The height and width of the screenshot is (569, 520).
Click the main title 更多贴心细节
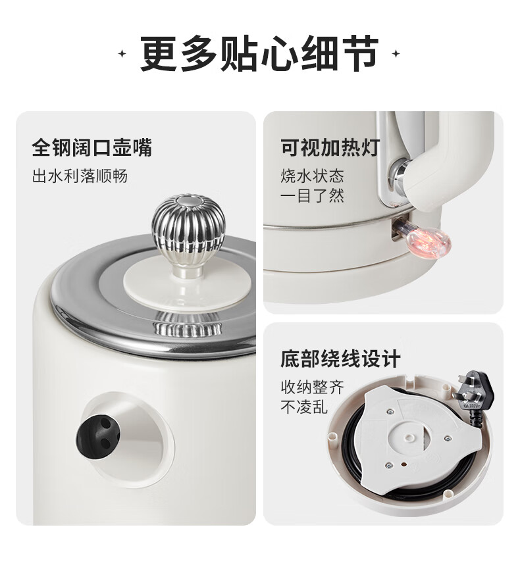[x=259, y=54]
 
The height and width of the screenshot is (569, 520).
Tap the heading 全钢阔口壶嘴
[x=92, y=148]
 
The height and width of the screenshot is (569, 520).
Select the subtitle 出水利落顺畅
[x=80, y=176]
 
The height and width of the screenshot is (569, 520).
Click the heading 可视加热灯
[x=330, y=148]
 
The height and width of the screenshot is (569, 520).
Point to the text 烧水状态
[x=312, y=176]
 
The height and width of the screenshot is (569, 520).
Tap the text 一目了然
[x=312, y=196]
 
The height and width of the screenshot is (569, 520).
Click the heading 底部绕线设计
[x=340, y=359]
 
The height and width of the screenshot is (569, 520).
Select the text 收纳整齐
[x=312, y=387]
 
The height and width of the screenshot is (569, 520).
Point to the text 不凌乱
[x=304, y=407]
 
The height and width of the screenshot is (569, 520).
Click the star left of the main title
[x=122, y=54]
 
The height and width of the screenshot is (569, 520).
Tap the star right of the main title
[x=396, y=54]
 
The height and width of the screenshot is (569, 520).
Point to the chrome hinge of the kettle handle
[x=400, y=174]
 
